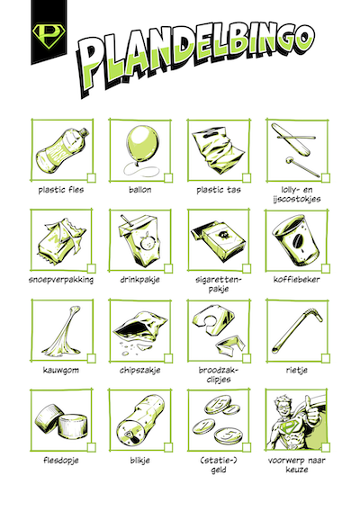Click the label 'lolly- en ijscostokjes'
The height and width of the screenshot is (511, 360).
295,194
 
